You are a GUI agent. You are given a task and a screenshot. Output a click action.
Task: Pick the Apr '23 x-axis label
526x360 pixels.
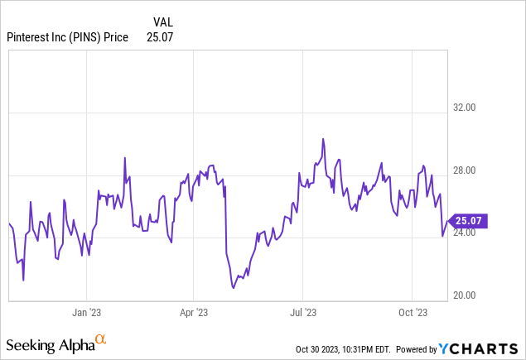192,312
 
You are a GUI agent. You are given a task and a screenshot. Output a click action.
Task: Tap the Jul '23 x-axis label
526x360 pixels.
302,312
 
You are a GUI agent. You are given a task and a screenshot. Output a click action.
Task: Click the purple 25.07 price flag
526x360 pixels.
468,221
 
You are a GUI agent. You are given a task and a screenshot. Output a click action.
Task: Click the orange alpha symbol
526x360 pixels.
100,339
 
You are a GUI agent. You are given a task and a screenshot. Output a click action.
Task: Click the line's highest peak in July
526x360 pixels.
323,139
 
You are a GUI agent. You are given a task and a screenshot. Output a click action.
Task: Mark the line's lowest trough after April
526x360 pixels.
234,288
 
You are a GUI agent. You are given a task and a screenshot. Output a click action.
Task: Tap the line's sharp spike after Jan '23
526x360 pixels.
124,158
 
